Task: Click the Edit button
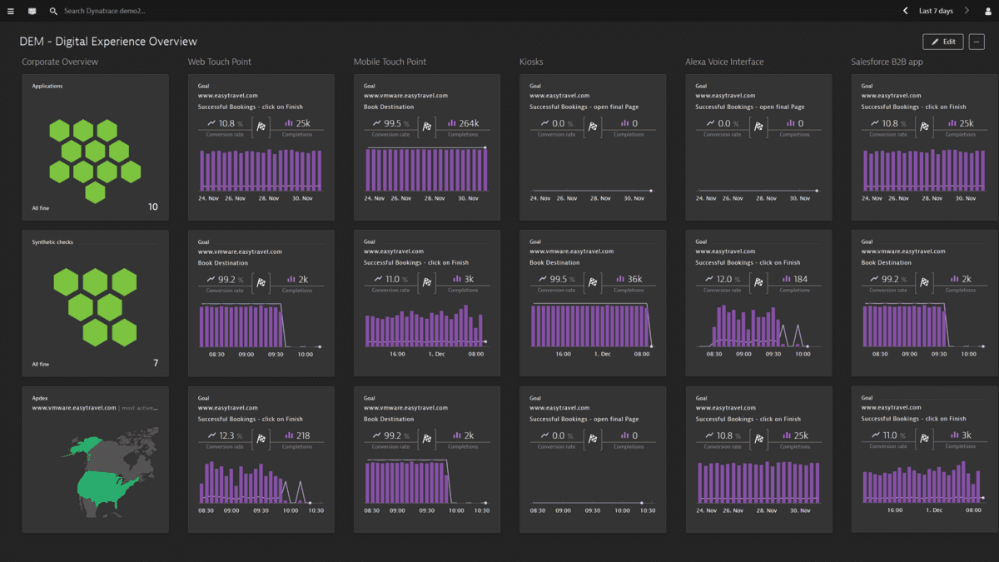coord(942,42)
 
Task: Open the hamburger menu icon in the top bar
coord(12,12)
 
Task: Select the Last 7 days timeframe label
coord(936,12)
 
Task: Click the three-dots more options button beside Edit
coord(977,42)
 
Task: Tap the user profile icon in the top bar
coord(988,12)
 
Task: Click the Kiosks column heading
coord(531,62)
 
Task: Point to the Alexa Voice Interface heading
coord(723,62)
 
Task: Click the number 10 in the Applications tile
coord(152,206)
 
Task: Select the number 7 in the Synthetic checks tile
coord(155,363)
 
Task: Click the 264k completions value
coord(468,123)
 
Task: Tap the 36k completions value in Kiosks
coord(633,280)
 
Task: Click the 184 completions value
coord(800,280)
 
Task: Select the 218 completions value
coord(302,435)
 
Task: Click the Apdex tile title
coord(39,398)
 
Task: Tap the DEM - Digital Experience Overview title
coord(108,42)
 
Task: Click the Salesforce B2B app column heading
coord(886,62)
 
